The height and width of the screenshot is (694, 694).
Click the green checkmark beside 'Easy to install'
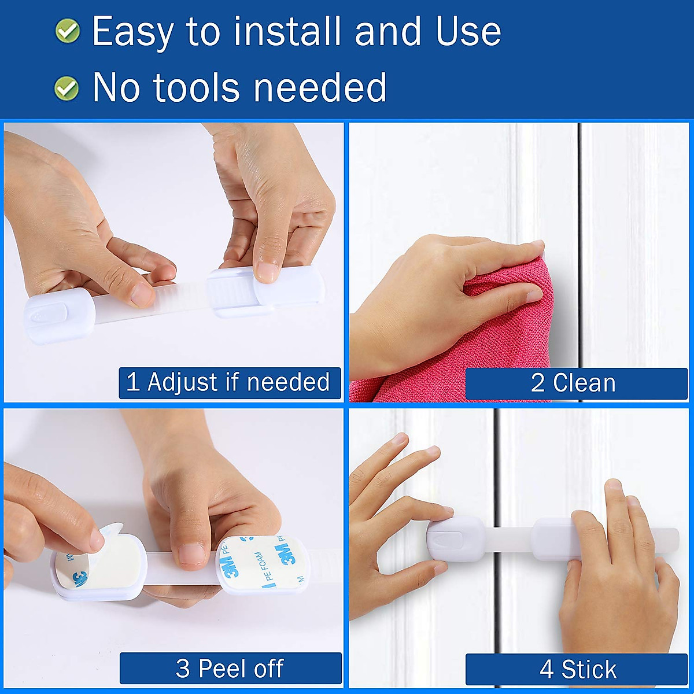[68, 31]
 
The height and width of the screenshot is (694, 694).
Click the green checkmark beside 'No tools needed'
[67, 88]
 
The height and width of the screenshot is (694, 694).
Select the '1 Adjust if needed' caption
[230, 382]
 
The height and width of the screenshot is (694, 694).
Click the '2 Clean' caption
[575, 383]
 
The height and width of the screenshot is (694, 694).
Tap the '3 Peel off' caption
[230, 669]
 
